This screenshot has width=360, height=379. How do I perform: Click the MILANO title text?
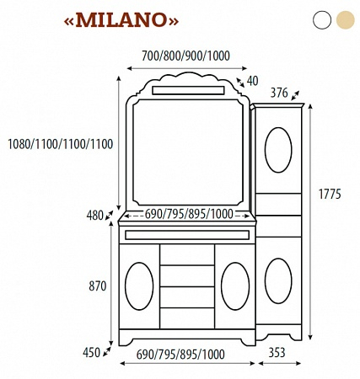pyautogui.click(x=121, y=20)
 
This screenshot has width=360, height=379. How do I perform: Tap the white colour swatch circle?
pyautogui.click(x=322, y=20)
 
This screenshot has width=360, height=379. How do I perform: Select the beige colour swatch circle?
pyautogui.click(x=346, y=20)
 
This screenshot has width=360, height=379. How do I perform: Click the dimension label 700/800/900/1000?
pyautogui.click(x=185, y=56)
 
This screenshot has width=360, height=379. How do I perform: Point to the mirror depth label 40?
pyautogui.click(x=252, y=81)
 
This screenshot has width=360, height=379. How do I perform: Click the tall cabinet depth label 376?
pyautogui.click(x=279, y=93)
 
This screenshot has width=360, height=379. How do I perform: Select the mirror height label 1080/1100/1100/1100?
pyautogui.click(x=60, y=144)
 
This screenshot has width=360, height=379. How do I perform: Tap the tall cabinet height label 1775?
pyautogui.click(x=330, y=194)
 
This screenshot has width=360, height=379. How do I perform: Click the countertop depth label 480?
pyautogui.click(x=95, y=216)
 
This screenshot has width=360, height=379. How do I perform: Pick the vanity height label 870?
pyautogui.click(x=98, y=286)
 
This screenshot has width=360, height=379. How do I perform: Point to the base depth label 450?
pyautogui.click(x=91, y=353)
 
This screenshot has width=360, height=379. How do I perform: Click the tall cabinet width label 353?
pyautogui.click(x=277, y=353)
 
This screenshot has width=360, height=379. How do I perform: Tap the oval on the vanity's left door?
pyautogui.click(x=139, y=286)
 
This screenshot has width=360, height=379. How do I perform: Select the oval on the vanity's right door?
pyautogui.click(x=235, y=286)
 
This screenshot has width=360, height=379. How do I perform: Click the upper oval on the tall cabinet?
pyautogui.click(x=278, y=150)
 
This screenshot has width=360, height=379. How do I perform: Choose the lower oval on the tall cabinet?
pyautogui.click(x=278, y=281)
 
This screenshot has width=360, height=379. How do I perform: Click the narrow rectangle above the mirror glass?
pyautogui.click(x=188, y=90)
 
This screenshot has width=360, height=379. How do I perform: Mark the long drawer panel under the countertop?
pyautogui.click(x=187, y=235)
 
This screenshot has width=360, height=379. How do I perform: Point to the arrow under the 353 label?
pyautogui.click(x=280, y=364)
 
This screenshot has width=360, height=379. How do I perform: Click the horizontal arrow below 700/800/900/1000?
pyautogui.click(x=187, y=68)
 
